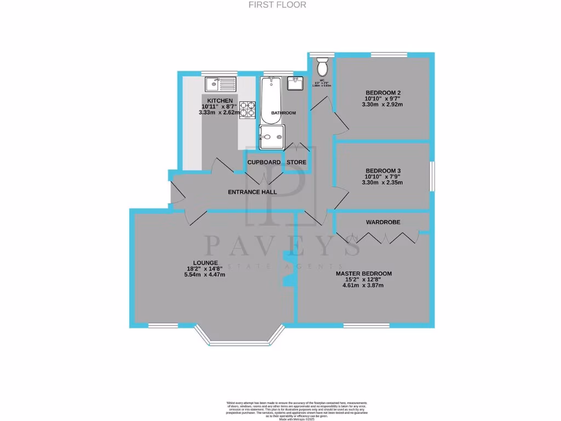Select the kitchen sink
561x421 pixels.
pyautogui.click(x=220, y=84)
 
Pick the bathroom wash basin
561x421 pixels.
pyautogui.click(x=295, y=83)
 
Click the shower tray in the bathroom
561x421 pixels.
pyautogui.click(x=272, y=136)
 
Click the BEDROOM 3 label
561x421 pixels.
pyautogui.click(x=382, y=170)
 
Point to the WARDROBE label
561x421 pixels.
pyautogui.click(x=382, y=222)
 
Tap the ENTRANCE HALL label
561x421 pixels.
pyautogui.click(x=252, y=192)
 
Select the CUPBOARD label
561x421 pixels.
pyautogui.click(x=264, y=162)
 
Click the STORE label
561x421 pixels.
pyautogui.click(x=296, y=162)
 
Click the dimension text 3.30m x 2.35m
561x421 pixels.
pyautogui.click(x=382, y=183)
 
